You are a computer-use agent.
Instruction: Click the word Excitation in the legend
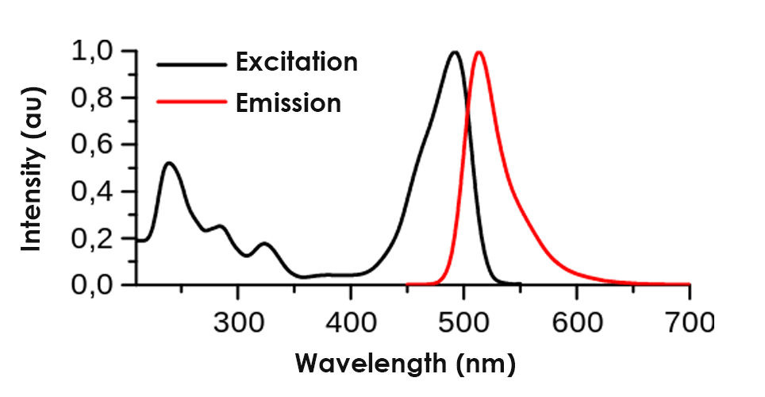[x=296, y=62]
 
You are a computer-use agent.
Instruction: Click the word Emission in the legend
[x=288, y=102]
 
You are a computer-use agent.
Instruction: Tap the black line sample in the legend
[x=190, y=63]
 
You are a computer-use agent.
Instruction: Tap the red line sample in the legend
[x=190, y=102]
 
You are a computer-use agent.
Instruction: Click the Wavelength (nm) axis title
[x=406, y=364]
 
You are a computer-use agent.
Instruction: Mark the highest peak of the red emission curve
[x=479, y=52]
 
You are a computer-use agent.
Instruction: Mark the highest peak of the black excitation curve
[x=455, y=52]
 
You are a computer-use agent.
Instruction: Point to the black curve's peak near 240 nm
[x=169, y=163]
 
